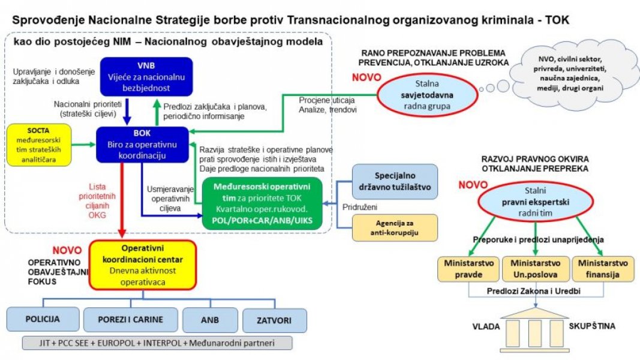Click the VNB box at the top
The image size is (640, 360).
point(146,76)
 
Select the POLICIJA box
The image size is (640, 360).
point(42,320)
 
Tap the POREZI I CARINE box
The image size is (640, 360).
point(131,320)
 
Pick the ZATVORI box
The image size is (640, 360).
point(270,320)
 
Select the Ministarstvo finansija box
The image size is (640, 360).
point(602,269)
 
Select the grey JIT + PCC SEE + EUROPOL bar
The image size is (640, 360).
point(157,343)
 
